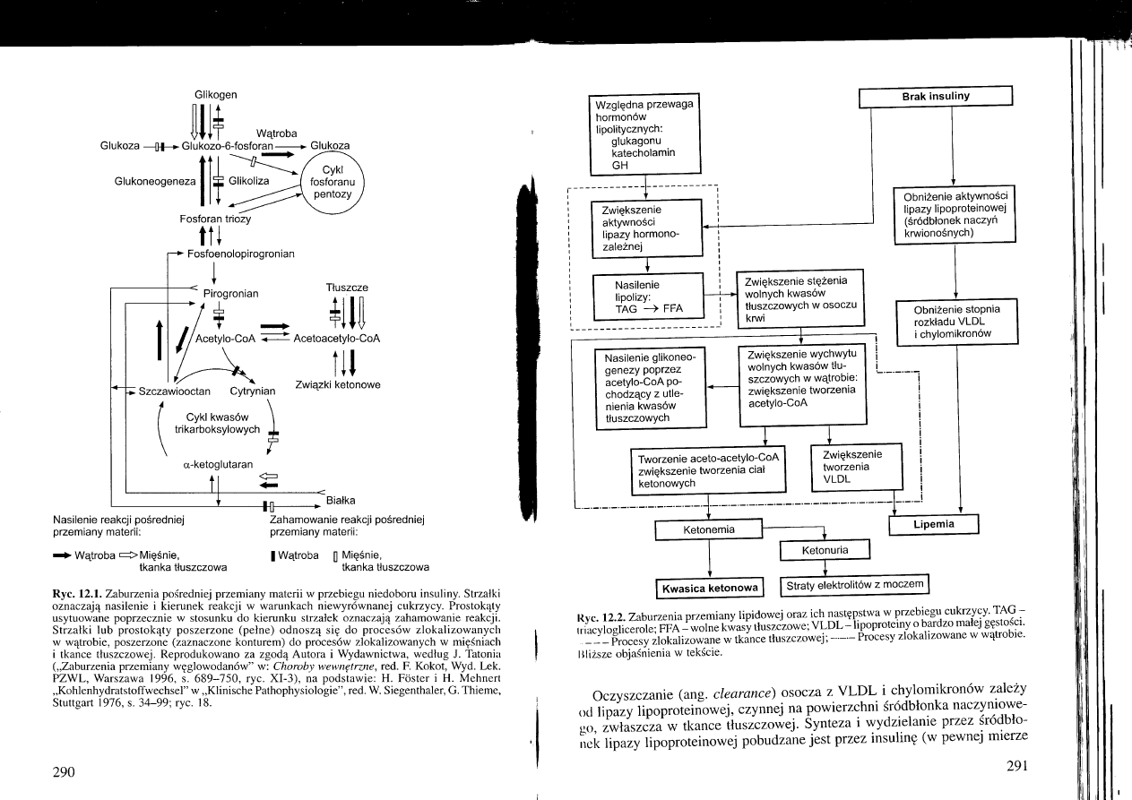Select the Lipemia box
point(934,523)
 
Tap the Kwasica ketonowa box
point(709,588)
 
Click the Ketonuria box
point(825,549)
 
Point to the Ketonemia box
point(710,529)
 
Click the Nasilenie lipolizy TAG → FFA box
point(647,295)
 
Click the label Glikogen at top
point(215,95)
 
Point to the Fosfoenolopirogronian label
point(241,254)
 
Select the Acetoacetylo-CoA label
point(337,339)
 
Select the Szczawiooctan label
point(175,391)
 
